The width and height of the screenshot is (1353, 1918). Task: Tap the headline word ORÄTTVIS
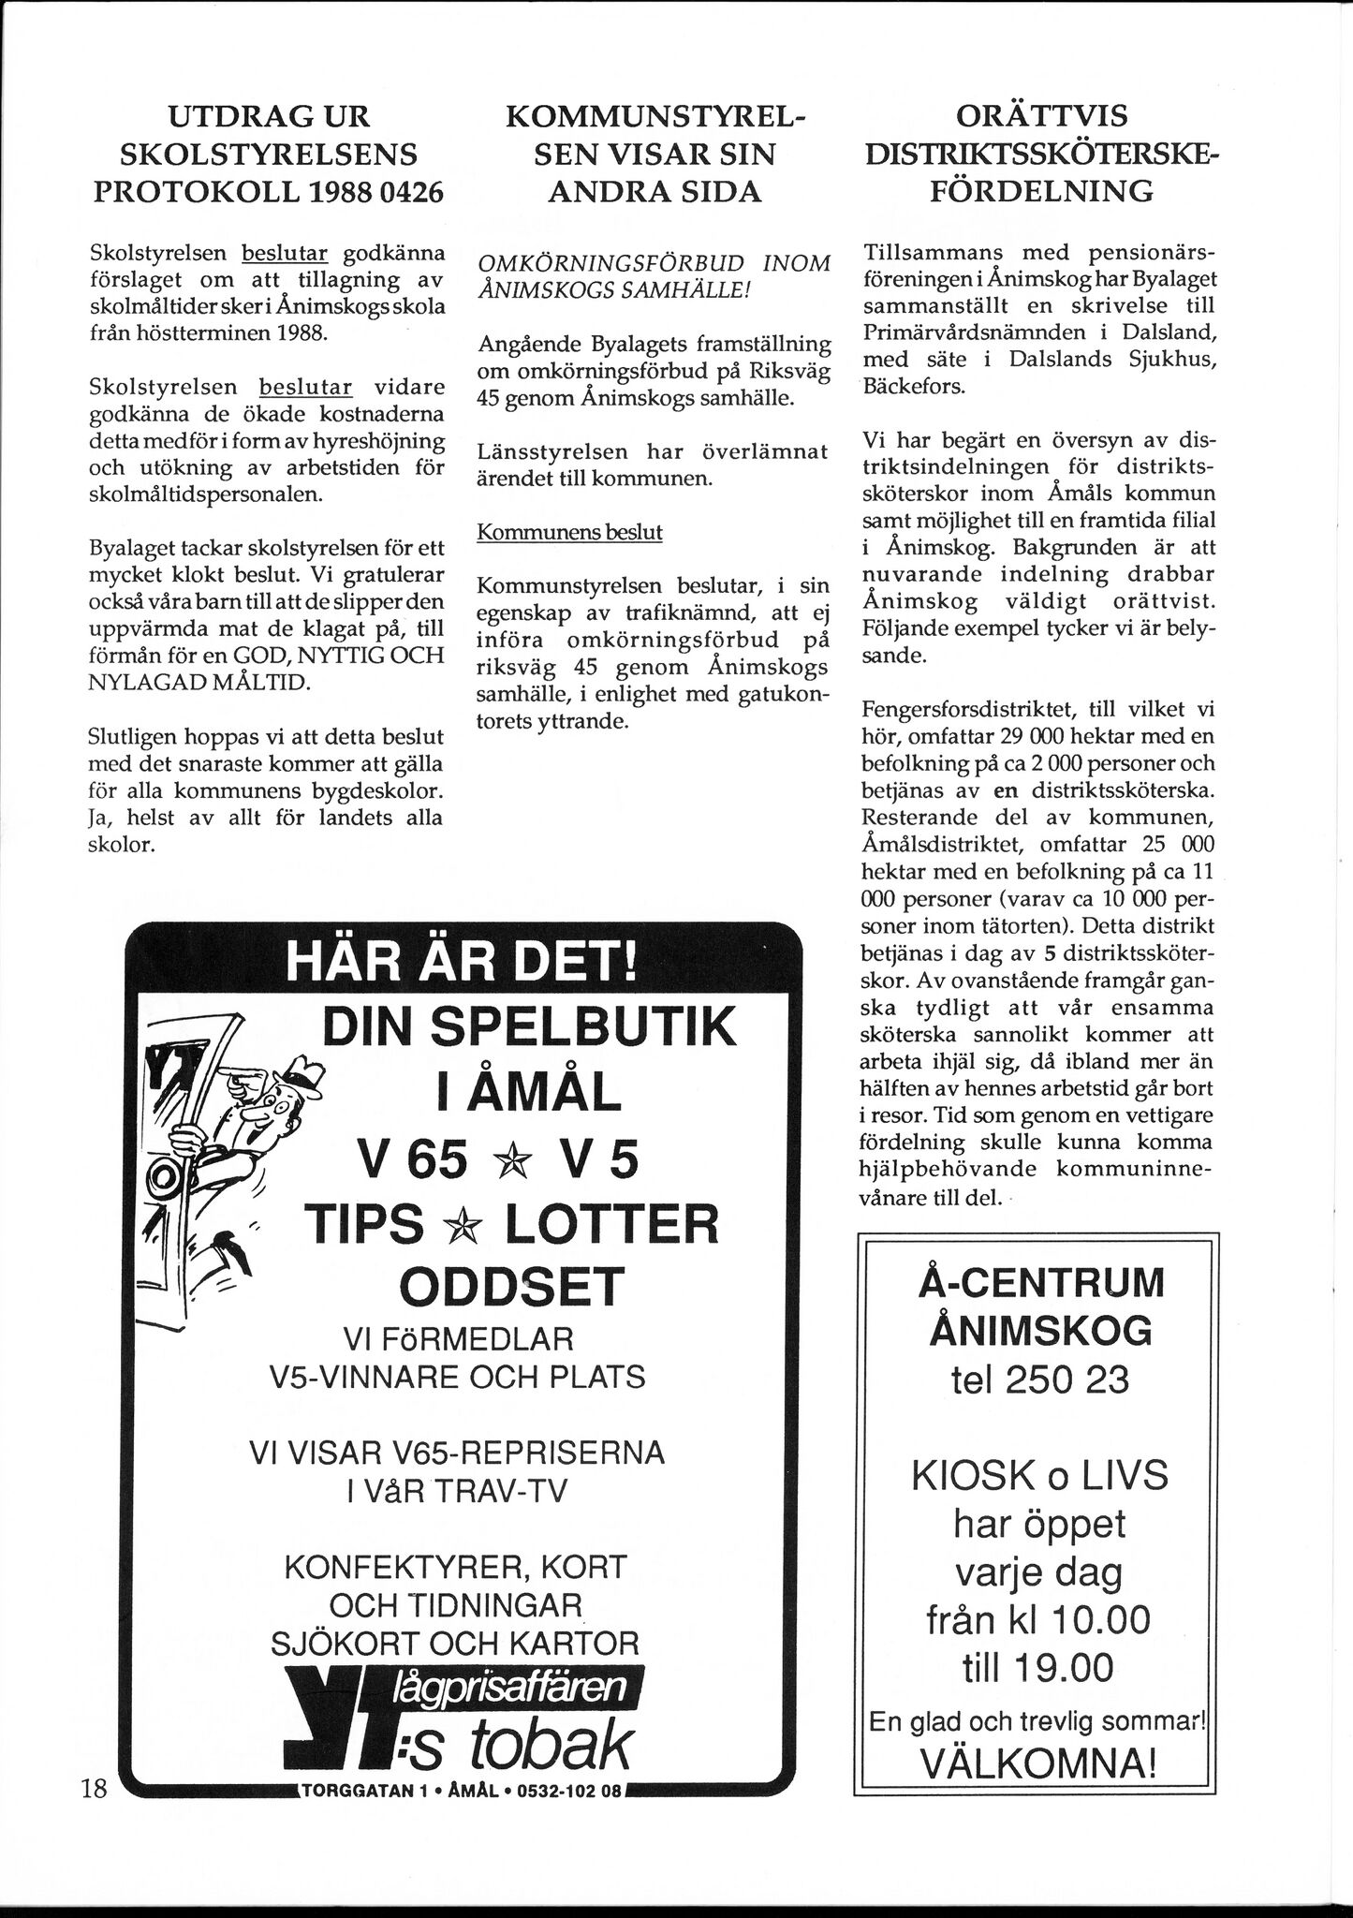[1041, 116]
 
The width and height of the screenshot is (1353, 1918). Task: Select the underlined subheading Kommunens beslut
[569, 533]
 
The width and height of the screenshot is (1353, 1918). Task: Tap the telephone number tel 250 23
[1039, 1380]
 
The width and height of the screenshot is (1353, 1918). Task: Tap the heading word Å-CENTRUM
[1040, 1282]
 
